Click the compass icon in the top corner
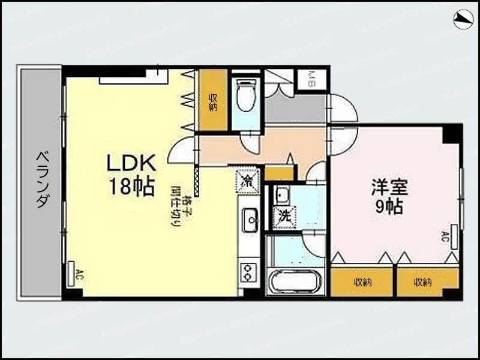pyautogui.click(x=463, y=20)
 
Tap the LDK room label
pyautogui.click(x=131, y=163)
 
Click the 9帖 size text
pyautogui.click(x=389, y=208)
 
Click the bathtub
pyautogui.click(x=295, y=281)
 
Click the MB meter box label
pyautogui.click(x=313, y=79)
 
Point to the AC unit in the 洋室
pyautogui.click(x=454, y=235)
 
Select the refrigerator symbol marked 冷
pyautogui.click(x=247, y=181)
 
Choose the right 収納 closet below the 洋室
pyautogui.click(x=422, y=282)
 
